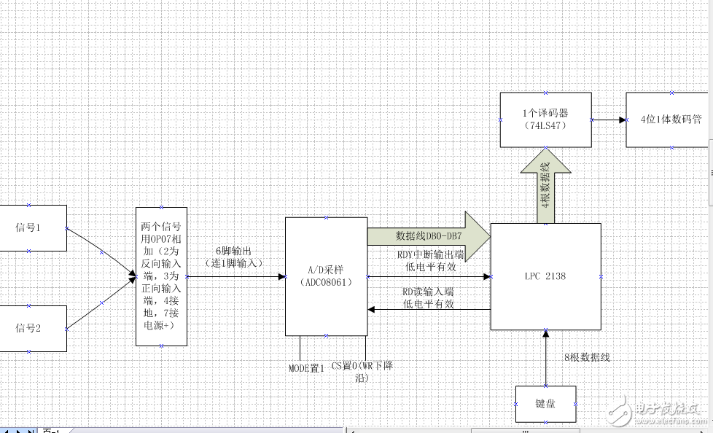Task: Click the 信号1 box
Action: pyautogui.click(x=29, y=227)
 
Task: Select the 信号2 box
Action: pyautogui.click(x=29, y=328)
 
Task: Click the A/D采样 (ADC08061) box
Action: pyautogui.click(x=326, y=276)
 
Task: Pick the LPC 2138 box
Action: pyautogui.click(x=545, y=276)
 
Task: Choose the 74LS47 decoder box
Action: pyautogui.click(x=545, y=120)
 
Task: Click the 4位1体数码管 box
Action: pyautogui.click(x=669, y=120)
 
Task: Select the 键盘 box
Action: pyautogui.click(x=545, y=404)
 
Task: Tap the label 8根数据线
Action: pyautogui.click(x=587, y=357)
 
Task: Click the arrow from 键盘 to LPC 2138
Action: pyautogui.click(x=545, y=357)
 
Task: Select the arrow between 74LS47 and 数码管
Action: pyautogui.click(x=608, y=120)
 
